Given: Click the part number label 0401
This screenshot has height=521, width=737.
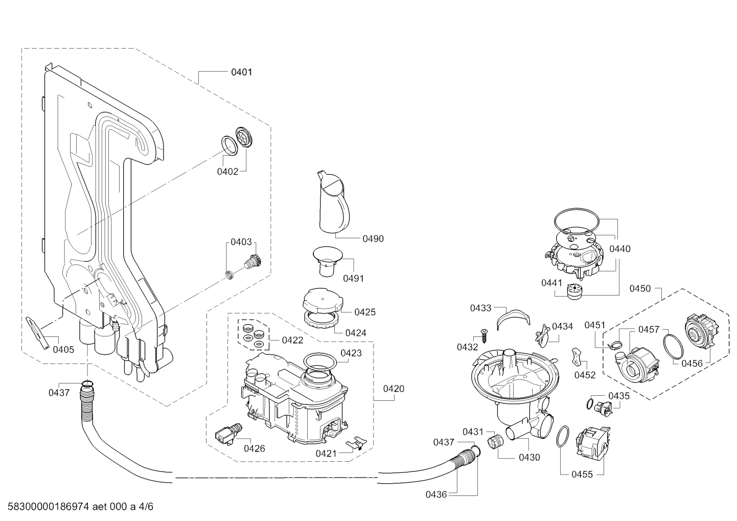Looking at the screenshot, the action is click(242, 72).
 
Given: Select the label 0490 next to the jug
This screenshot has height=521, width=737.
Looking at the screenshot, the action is click(373, 239).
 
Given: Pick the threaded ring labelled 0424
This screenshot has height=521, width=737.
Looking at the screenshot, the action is click(321, 320).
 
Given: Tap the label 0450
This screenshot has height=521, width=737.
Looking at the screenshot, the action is click(640, 289).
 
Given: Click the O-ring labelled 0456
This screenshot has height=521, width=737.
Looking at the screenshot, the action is click(674, 346).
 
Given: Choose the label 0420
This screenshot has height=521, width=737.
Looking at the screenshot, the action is click(394, 389).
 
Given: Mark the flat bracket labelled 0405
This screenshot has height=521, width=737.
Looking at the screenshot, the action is click(38, 333).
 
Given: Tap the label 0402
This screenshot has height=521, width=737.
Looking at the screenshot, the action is click(227, 171).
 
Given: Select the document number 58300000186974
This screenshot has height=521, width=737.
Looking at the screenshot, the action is click(49, 507).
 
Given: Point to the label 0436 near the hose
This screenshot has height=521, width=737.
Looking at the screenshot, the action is click(436, 494).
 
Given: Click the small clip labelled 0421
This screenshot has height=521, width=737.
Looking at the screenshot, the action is click(356, 443).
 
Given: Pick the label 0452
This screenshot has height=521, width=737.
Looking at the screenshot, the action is click(585, 375).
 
